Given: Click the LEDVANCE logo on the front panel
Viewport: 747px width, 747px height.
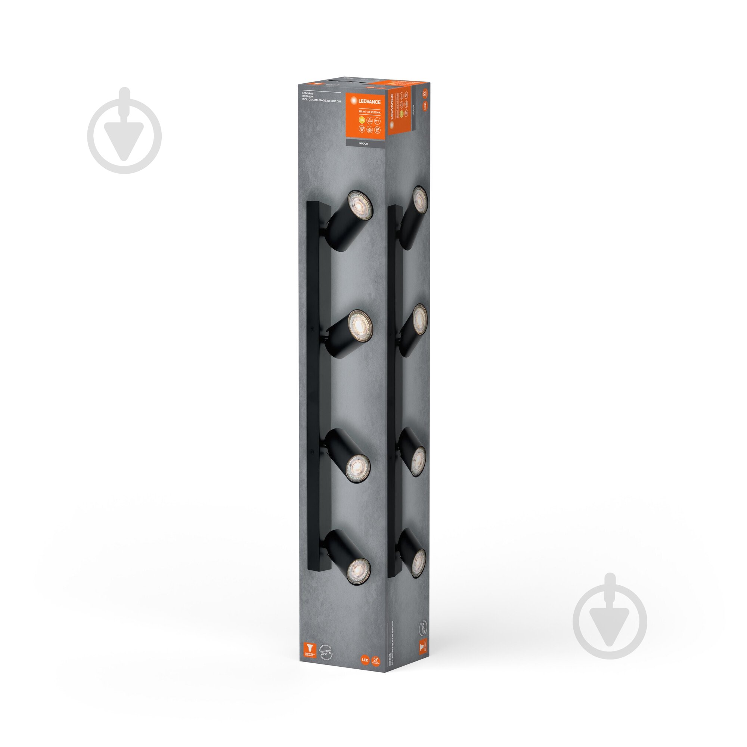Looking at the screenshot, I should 366,102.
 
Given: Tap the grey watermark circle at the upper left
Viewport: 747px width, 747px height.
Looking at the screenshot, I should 124,135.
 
